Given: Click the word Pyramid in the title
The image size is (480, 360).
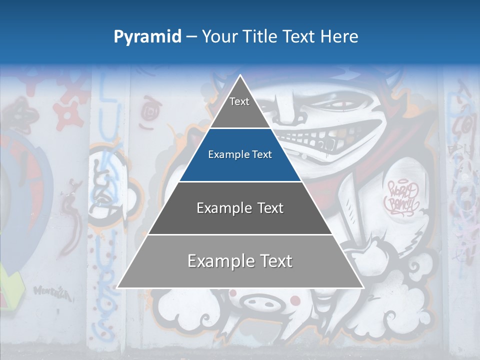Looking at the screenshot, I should point(147,37).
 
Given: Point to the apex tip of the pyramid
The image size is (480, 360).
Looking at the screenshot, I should point(240,76).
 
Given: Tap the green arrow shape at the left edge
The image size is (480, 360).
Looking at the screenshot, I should point(12,285).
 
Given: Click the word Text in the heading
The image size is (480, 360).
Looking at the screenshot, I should point(299,37).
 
